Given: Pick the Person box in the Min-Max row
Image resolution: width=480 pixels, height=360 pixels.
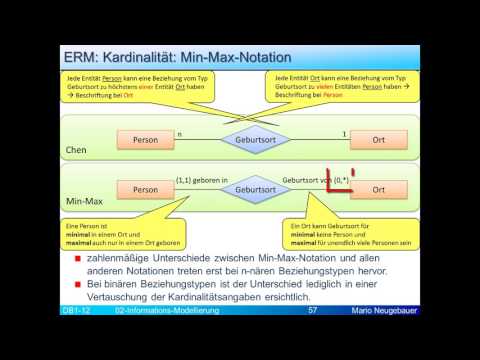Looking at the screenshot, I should [x=147, y=188].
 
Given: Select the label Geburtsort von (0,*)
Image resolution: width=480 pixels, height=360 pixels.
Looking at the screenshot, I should [x=315, y=180].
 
